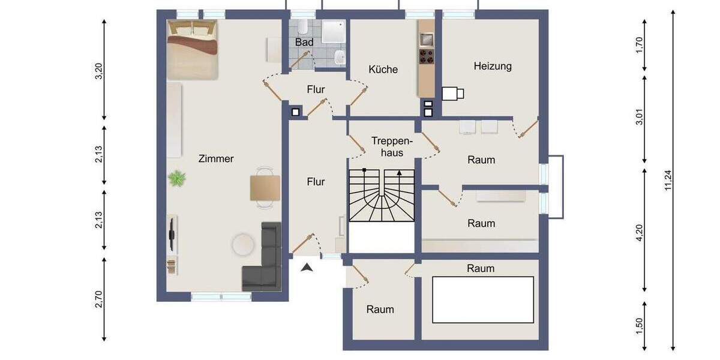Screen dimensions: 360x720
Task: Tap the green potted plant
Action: point(177,178)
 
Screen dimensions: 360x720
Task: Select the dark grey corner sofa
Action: point(264,258)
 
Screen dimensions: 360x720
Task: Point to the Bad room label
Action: point(304,43)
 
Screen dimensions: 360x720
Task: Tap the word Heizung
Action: point(493,66)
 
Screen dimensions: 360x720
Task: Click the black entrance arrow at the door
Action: point(307,268)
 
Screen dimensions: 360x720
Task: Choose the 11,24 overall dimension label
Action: point(668,179)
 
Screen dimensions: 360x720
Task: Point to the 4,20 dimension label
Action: point(640,232)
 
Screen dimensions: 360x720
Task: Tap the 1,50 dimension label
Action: point(640,326)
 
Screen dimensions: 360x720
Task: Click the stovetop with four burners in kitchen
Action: point(427,56)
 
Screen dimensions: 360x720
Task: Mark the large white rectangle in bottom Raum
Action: point(483,299)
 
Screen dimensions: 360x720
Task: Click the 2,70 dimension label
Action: point(100,298)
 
